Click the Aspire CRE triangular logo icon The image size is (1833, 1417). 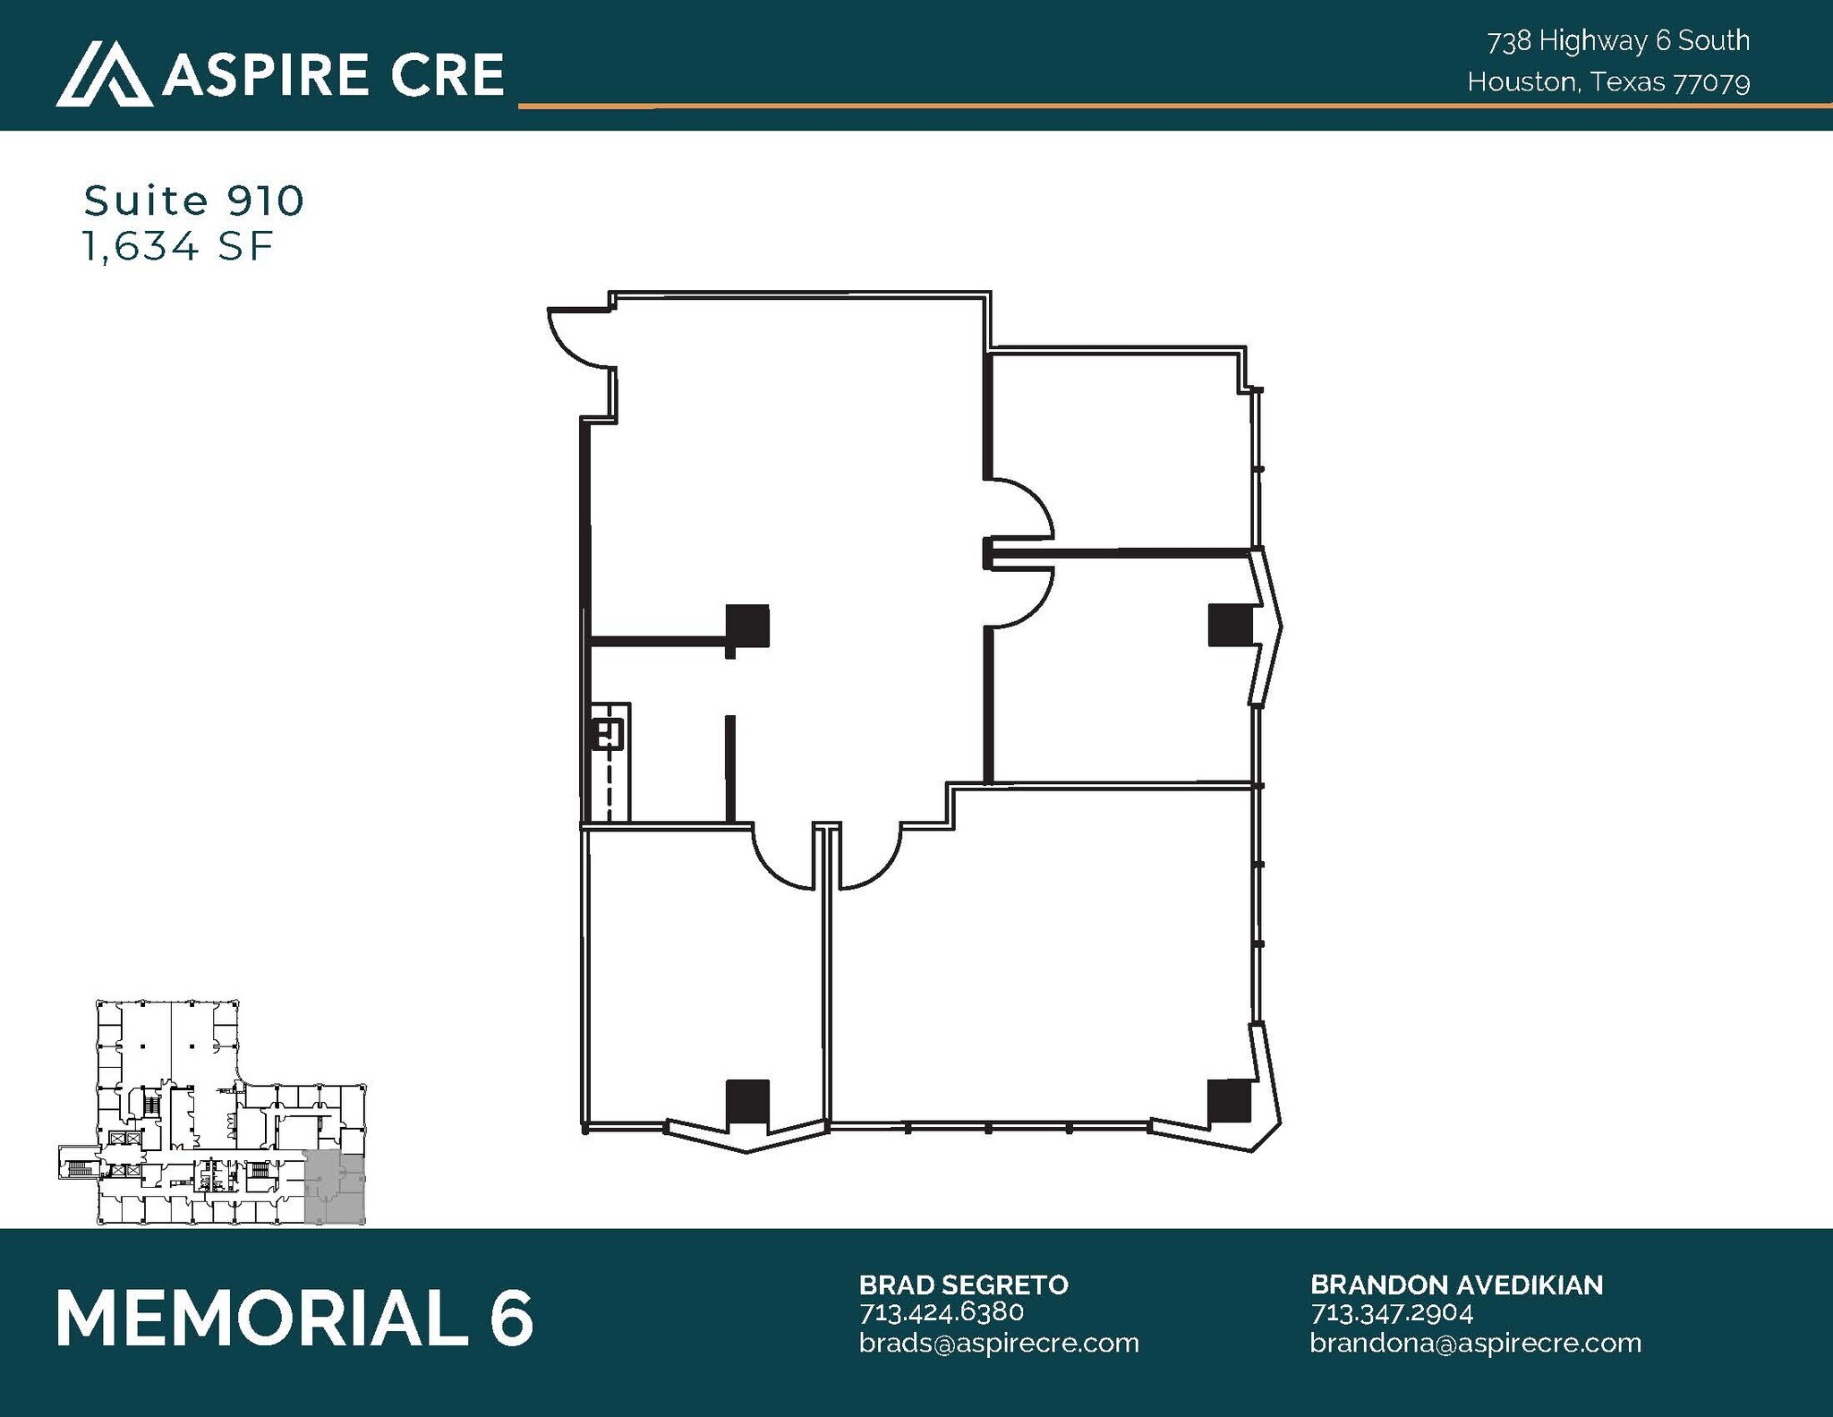pyautogui.click(x=104, y=74)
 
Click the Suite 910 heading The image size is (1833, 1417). pyautogui.click(x=194, y=201)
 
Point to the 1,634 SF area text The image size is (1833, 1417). pyautogui.click(x=177, y=246)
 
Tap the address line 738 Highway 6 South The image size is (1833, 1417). pyautogui.click(x=1618, y=41)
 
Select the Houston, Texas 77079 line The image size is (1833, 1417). pyautogui.click(x=1608, y=82)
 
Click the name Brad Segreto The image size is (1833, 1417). pyautogui.click(x=964, y=1285)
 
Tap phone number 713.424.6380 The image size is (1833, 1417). pyautogui.click(x=942, y=1312)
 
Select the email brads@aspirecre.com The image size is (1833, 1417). pyautogui.click(x=999, y=1343)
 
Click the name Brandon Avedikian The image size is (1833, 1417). pyautogui.click(x=1456, y=1285)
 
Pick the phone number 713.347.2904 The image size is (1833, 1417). pyautogui.click(x=1392, y=1312)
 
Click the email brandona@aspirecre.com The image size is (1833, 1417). pyautogui.click(x=1476, y=1343)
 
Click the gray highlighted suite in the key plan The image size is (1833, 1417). pyautogui.click(x=335, y=1188)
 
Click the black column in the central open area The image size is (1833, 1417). pyautogui.click(x=746, y=626)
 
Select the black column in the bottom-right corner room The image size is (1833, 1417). pyautogui.click(x=1229, y=1100)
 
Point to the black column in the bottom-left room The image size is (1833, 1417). pyautogui.click(x=746, y=1101)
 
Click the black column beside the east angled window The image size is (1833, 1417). pyautogui.click(x=1229, y=625)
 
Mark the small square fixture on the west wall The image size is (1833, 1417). pyautogui.click(x=609, y=735)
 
